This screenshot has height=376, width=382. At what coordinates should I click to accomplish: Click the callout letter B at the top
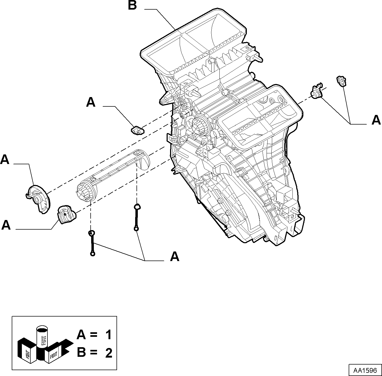(132, 5)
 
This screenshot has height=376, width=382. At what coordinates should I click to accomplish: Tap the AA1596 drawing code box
(365, 370)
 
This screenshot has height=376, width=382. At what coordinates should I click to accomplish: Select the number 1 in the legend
(108, 335)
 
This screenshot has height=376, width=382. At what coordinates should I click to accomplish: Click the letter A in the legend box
(81, 335)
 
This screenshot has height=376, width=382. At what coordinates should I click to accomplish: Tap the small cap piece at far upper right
(341, 81)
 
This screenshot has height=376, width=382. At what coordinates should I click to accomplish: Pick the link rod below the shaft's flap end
(136, 217)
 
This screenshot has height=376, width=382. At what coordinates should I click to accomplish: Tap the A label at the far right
(376, 120)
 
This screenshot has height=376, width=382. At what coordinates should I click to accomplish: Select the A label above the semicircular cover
(5, 160)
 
